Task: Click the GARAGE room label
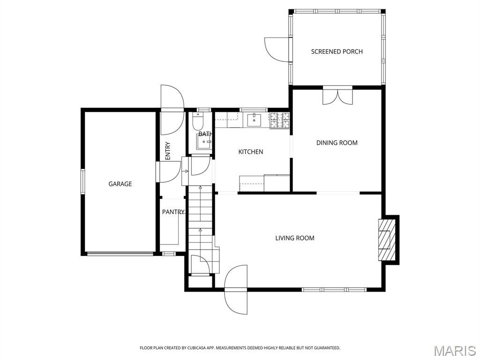click(x=120, y=184)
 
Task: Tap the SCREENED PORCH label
click(x=337, y=52)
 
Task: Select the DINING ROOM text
click(x=337, y=143)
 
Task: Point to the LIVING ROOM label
click(x=294, y=238)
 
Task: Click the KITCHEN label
click(x=251, y=152)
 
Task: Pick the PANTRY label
click(x=173, y=212)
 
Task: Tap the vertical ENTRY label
click(x=168, y=151)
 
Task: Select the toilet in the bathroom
click(x=198, y=123)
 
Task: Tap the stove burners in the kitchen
click(x=279, y=120)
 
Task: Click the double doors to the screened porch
click(x=337, y=96)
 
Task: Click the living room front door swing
click(x=236, y=289)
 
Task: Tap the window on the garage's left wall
click(x=83, y=181)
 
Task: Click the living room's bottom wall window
click(x=334, y=290)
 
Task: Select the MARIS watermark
click(x=455, y=351)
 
